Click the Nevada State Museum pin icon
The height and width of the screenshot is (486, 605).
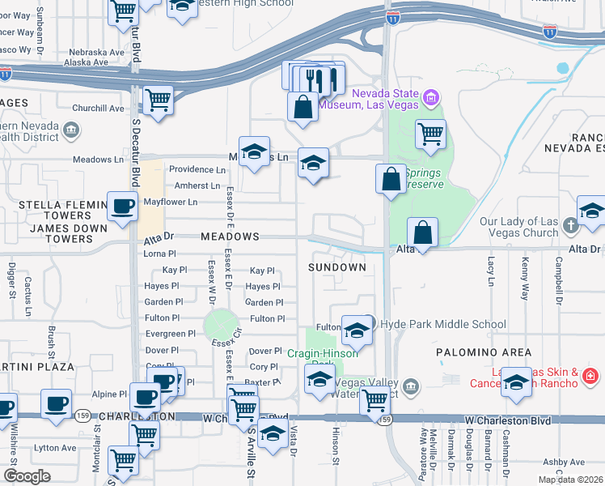431,100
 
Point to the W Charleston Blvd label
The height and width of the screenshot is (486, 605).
508,421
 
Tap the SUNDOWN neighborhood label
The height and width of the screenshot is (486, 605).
337,266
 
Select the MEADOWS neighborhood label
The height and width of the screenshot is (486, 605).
231,237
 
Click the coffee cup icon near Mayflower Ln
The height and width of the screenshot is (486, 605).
123,207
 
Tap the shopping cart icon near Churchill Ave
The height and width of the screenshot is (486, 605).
158,100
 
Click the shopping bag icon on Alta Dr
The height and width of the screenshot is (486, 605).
422,232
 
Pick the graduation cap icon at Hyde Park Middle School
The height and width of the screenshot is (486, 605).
356,330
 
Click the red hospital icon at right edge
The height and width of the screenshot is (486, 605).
590,376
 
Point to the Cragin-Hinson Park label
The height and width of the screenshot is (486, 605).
323,353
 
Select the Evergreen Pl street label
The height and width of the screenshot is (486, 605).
170,334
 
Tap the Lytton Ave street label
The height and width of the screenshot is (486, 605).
55,447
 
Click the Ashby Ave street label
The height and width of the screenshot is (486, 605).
564,463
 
